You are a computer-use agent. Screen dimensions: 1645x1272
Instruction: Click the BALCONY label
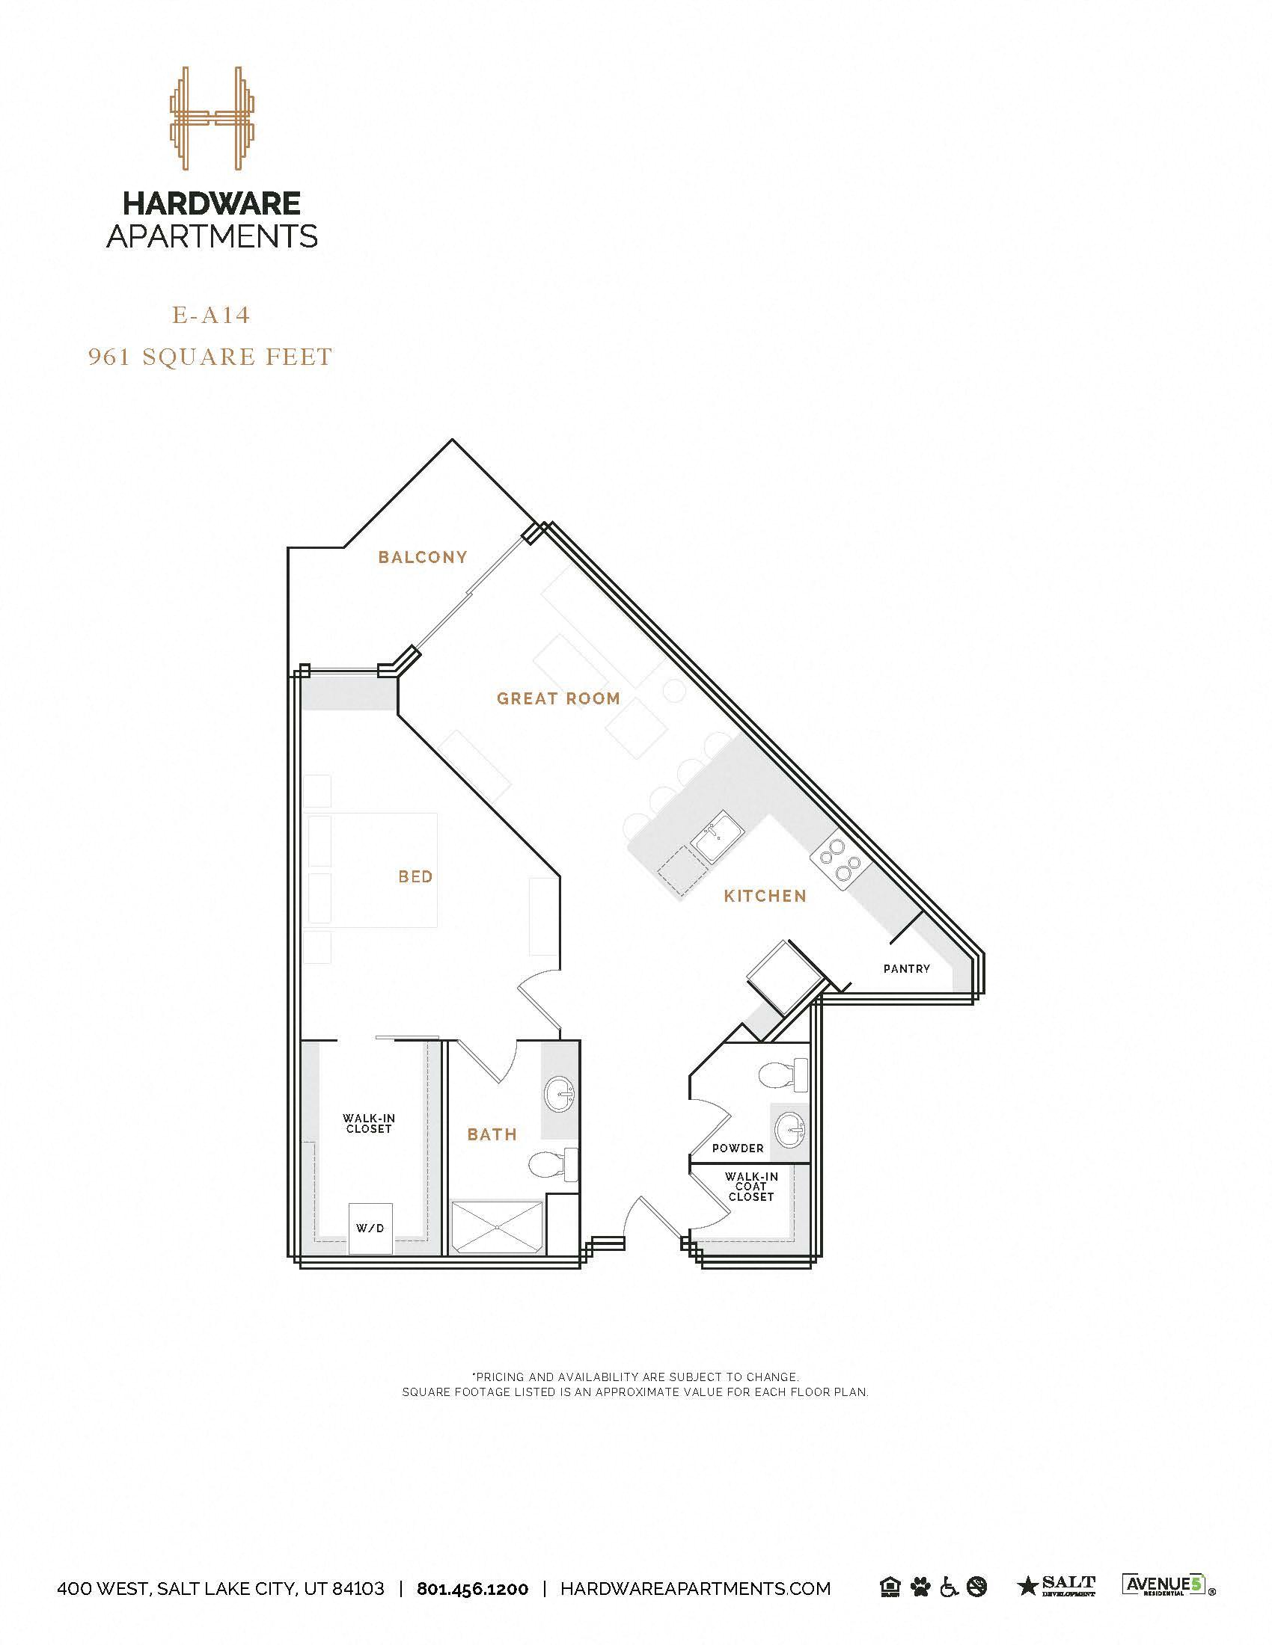pos(423,557)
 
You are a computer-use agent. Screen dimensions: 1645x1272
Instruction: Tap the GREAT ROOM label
pos(558,698)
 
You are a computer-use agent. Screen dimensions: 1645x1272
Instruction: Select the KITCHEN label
pos(765,896)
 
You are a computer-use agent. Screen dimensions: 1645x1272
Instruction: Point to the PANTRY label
pos(907,968)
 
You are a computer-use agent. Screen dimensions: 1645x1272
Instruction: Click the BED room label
pos(415,877)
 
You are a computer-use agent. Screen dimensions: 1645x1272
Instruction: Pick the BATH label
pos(492,1134)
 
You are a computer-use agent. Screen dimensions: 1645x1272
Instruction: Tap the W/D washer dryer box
pos(370,1229)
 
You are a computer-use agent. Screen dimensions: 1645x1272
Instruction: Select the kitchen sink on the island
pos(718,836)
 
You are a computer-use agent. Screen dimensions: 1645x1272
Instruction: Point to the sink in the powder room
pos(789,1129)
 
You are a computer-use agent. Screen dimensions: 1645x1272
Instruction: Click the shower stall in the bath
pos(498,1228)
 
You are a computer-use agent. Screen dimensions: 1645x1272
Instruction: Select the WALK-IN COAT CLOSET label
pos(750,1187)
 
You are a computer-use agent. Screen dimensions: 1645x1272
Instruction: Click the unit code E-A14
pos(211,315)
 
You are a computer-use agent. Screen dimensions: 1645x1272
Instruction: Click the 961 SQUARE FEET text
pos(211,356)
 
